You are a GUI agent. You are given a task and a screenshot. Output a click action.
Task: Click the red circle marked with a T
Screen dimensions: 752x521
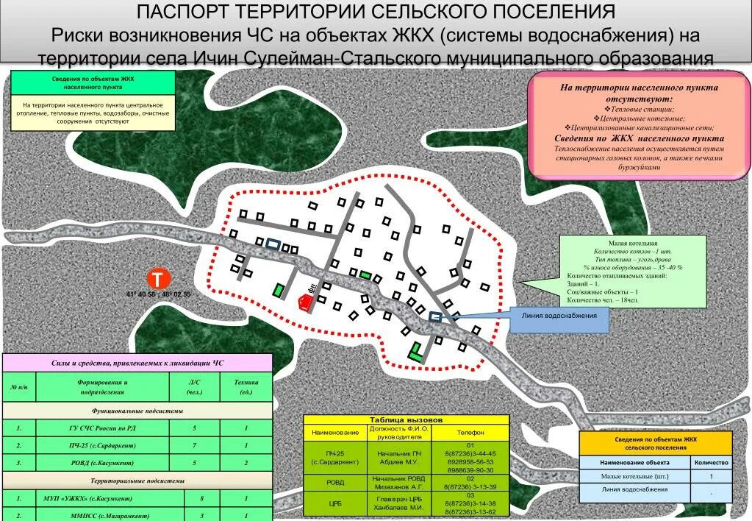tap(158, 279)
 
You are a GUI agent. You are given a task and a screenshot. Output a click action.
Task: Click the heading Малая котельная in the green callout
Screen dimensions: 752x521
tap(632, 243)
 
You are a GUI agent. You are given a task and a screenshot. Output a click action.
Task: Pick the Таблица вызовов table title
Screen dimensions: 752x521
tap(406, 419)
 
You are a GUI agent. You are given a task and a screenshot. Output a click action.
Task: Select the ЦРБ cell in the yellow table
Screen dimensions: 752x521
tap(334, 503)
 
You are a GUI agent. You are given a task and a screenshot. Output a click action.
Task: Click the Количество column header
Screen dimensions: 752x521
tap(711, 463)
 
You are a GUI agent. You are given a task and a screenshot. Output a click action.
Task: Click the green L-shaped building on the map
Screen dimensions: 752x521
tap(417, 352)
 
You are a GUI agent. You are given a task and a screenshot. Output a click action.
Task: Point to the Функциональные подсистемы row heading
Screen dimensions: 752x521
tap(137, 411)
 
